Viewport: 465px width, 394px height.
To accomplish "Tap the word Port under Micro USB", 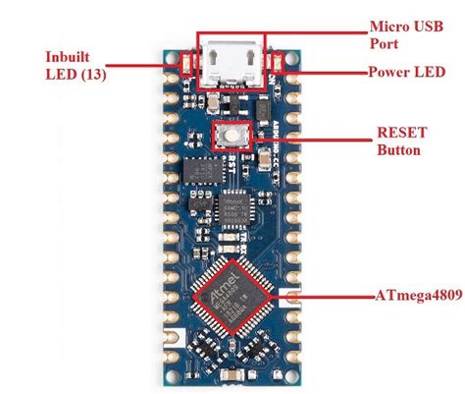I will click(x=383, y=43).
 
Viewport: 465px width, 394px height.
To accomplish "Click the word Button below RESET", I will click(x=399, y=150).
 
